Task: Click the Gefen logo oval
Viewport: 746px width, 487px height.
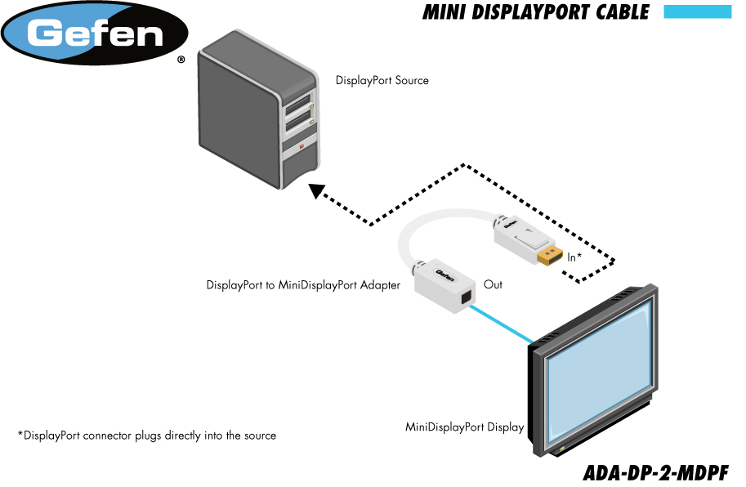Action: pos(96,34)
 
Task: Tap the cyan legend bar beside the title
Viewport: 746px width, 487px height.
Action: pos(697,11)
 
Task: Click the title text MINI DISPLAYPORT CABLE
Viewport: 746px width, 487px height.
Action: pos(536,12)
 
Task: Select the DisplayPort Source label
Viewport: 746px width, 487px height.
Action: pos(382,81)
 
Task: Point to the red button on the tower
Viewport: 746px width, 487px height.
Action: pos(302,147)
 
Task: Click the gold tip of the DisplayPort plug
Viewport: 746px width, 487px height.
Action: pos(548,257)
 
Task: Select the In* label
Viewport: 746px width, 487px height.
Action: pos(574,257)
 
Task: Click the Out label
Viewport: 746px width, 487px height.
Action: pos(493,284)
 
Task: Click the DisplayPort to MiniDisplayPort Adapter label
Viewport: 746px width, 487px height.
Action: pos(303,285)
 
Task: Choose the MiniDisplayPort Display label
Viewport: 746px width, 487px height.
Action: pos(464,427)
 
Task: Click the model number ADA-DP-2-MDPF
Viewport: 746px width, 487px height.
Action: pos(655,473)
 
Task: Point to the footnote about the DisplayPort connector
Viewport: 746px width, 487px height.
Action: pos(147,436)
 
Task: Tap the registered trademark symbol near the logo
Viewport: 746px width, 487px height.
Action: pos(181,60)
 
